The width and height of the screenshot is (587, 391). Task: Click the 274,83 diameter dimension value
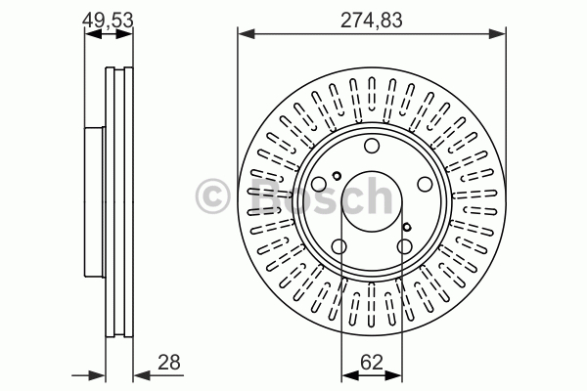[x=372, y=21]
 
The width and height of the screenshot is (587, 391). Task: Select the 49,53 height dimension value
[x=108, y=21]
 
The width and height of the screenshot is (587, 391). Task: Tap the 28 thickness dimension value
[x=169, y=363]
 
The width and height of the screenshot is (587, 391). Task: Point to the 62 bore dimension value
[x=372, y=363]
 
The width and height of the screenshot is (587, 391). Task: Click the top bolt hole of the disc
[x=372, y=146]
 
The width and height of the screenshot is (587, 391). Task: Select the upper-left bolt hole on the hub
[x=319, y=184]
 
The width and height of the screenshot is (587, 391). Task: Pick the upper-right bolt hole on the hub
[x=425, y=184]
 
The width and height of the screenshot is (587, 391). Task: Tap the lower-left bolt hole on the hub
[x=339, y=246]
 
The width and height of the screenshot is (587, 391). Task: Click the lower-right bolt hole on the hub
[x=405, y=246]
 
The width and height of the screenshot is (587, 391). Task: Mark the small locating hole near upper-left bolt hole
[x=337, y=176]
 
